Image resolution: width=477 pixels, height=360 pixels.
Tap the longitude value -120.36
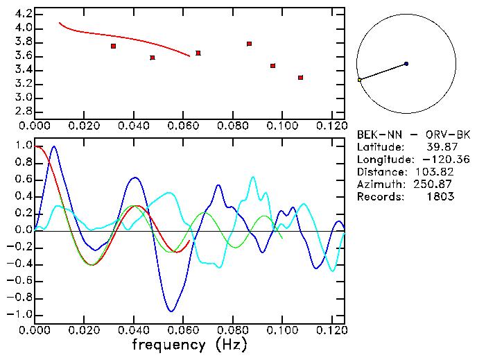pos(446,160)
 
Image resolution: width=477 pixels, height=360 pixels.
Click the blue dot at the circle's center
pos(406,64)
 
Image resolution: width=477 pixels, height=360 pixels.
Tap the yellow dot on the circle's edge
pos(359,80)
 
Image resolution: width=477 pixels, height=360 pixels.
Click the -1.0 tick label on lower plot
pos(19,314)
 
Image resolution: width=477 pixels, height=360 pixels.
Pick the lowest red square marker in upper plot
pos(300,78)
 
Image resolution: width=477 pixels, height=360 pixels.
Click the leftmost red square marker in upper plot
pos(113,46)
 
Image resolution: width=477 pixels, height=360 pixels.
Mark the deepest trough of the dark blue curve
pos(171,311)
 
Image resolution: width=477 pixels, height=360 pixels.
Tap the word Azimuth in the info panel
pos(378,185)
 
